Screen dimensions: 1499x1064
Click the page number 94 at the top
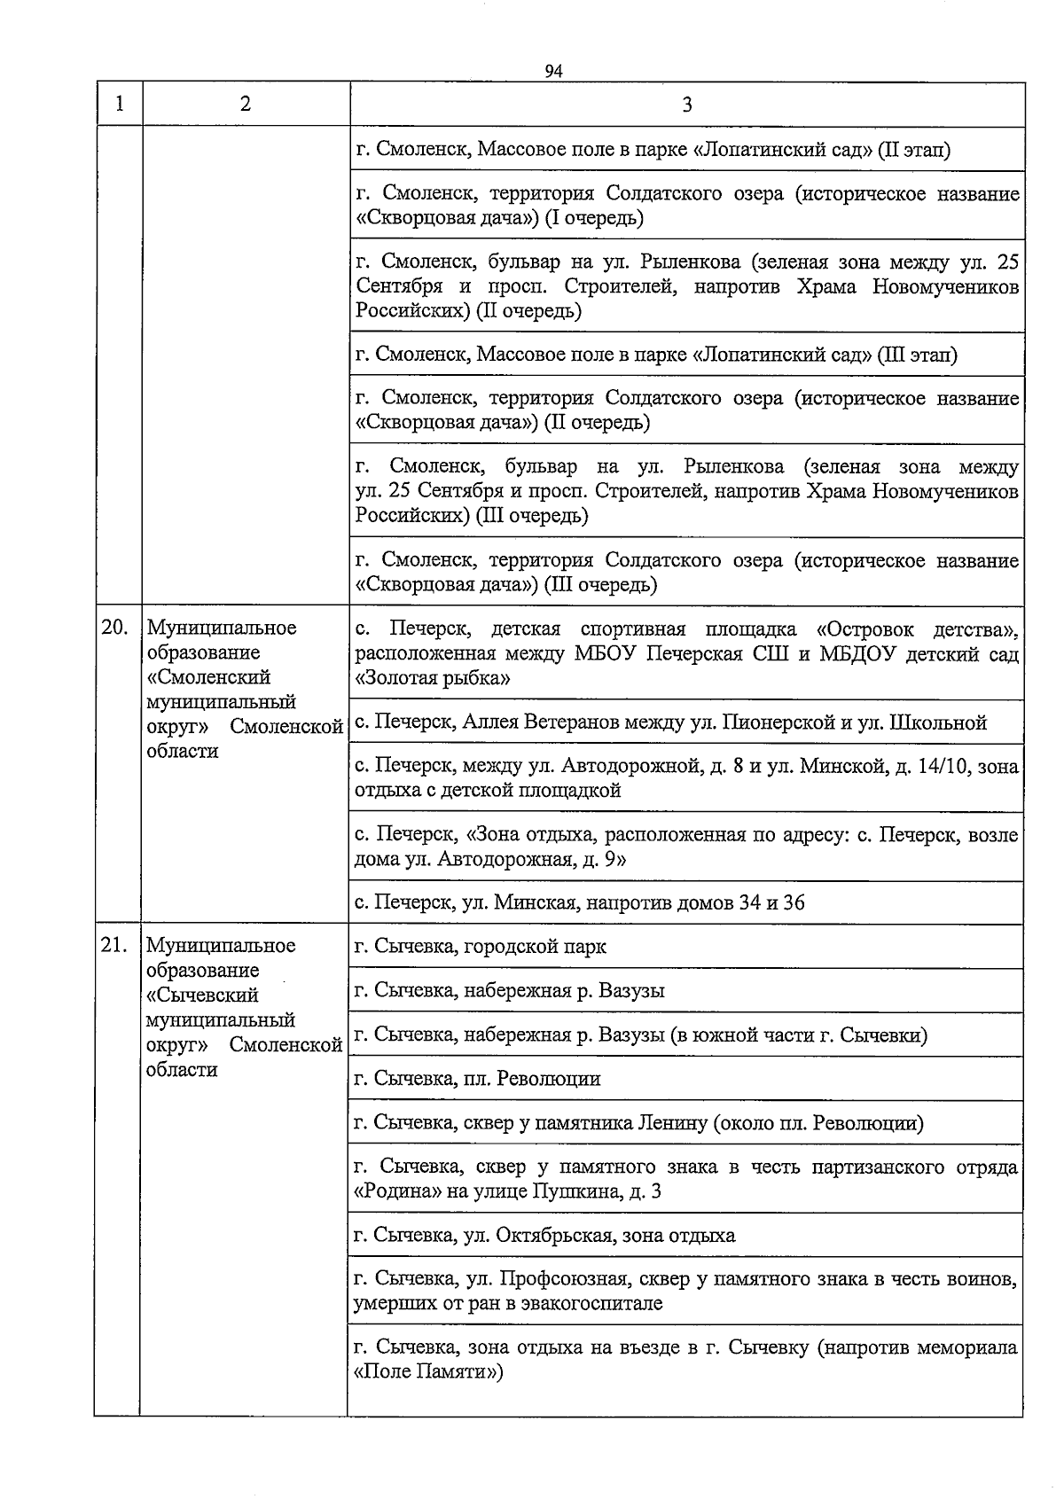(x=554, y=72)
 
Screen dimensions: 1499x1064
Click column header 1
(x=119, y=104)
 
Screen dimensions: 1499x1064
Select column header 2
(x=245, y=104)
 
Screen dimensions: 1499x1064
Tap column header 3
(x=687, y=105)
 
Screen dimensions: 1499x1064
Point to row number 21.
(x=113, y=945)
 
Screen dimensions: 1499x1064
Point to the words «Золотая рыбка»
(x=432, y=679)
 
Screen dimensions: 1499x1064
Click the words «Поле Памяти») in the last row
(x=427, y=1372)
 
